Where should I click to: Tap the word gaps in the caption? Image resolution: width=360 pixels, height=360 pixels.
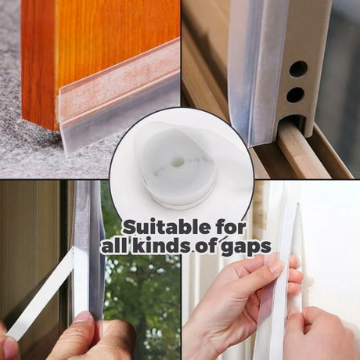coord(246,247)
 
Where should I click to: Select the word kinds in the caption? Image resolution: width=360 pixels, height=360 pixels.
coord(160,245)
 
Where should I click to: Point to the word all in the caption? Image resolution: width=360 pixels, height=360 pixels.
coord(114,245)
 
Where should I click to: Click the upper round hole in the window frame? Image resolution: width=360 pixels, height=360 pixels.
coord(298,69)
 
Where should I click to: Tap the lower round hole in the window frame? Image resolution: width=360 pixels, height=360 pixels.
coord(295,95)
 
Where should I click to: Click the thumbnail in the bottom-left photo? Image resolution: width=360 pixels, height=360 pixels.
coord(84,318)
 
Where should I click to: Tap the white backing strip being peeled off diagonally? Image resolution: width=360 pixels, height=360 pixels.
coord(40,291)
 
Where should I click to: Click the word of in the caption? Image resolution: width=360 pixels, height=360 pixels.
coord(205,246)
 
